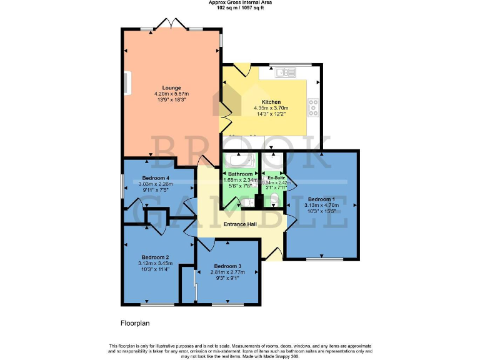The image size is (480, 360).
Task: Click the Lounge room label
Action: [x=171, y=87]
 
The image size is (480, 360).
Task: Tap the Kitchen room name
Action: [x=271, y=102]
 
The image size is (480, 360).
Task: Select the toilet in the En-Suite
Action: [x=276, y=201]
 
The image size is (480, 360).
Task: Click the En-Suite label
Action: [x=272, y=177]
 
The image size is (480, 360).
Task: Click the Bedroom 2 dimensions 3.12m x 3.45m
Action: [x=156, y=263]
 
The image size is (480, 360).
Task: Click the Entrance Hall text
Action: [x=241, y=224]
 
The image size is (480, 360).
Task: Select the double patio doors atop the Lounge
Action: [x=171, y=25]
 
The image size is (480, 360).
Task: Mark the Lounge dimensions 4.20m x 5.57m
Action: [x=171, y=94]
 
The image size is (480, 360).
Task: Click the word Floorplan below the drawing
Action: [x=135, y=324]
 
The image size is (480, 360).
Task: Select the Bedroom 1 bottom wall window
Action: [x=324, y=258]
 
